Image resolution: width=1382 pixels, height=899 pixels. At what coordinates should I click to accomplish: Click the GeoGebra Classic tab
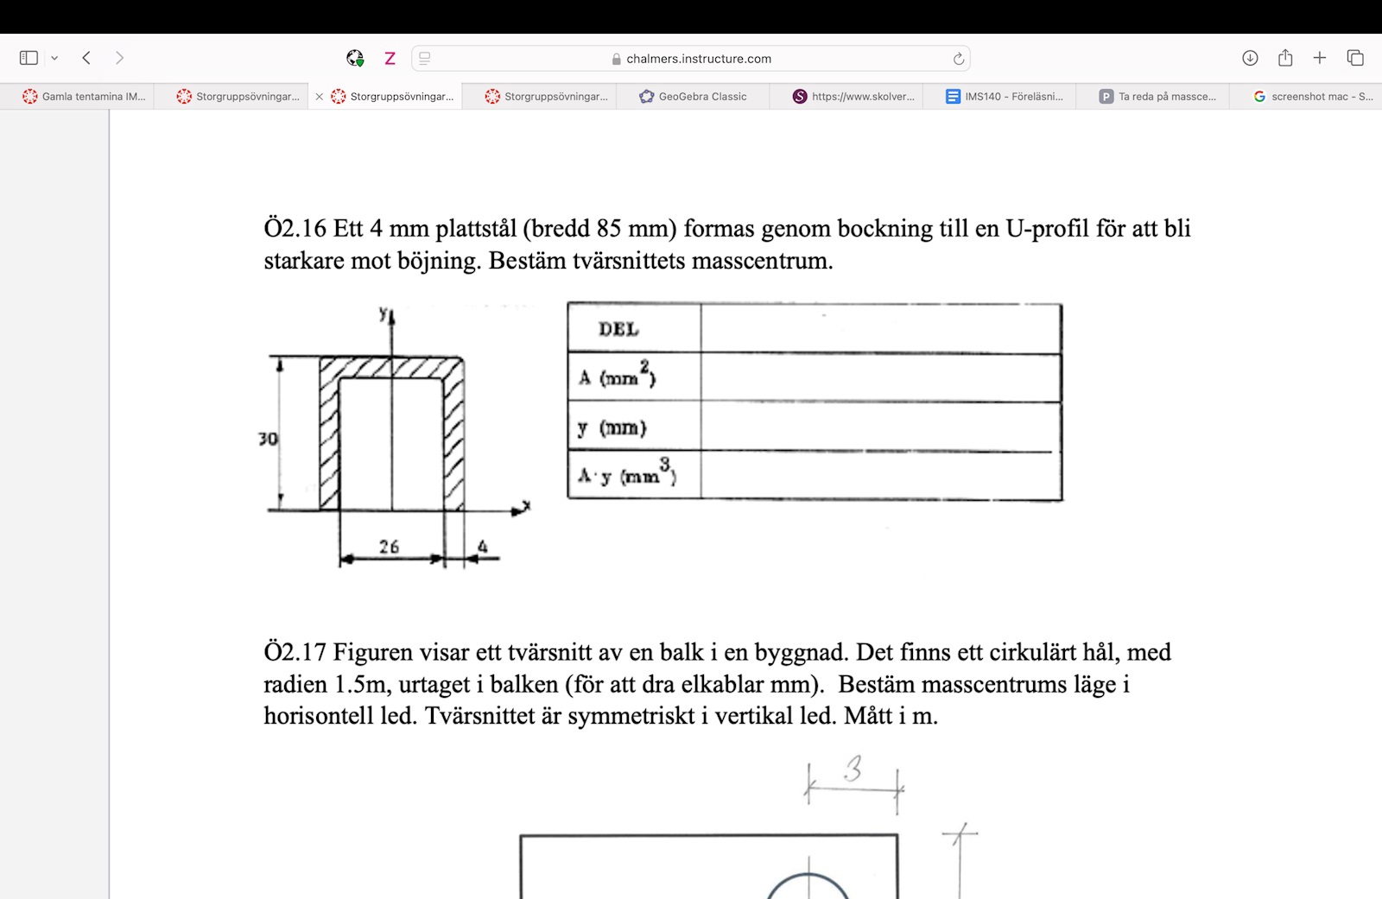point(693,97)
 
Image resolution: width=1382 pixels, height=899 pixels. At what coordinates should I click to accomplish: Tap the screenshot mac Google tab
point(1313,97)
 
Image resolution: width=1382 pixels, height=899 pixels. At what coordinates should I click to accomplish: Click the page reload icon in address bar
point(958,59)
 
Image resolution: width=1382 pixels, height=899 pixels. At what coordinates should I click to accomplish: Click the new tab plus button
point(1319,58)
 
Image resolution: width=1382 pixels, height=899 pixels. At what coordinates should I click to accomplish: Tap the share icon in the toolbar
point(1285,58)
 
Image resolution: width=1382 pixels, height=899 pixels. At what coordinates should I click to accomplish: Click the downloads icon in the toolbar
point(1250,58)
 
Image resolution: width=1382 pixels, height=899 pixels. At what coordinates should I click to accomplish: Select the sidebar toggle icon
point(29,58)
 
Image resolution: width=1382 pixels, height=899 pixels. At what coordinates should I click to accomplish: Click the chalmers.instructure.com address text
point(698,59)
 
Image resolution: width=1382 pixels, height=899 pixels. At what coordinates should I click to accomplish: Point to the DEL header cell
point(618,329)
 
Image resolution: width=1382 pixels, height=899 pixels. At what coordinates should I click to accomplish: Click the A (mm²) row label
point(617,377)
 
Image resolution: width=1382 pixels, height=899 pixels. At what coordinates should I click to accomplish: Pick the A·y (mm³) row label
point(627,474)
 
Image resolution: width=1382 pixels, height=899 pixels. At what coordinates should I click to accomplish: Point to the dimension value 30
point(268,439)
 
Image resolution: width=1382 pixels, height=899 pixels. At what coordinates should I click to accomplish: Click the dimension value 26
point(389,547)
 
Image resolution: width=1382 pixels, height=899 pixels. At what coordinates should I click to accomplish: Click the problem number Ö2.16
point(295,229)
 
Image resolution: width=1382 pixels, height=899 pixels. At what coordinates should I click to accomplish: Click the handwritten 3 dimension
point(853,768)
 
